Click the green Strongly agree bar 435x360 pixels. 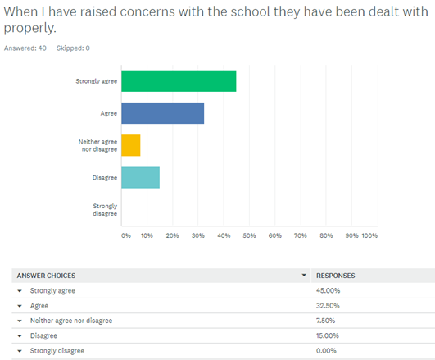point(179,81)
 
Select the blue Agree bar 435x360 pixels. point(162,113)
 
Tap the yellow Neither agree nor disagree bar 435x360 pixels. point(131,145)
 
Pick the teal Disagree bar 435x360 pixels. point(140,177)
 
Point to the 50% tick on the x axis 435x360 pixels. point(249,235)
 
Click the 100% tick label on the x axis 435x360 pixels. point(369,235)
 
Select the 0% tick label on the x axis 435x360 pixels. point(125,235)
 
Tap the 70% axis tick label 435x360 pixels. point(301,235)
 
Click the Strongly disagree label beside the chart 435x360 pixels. point(105,210)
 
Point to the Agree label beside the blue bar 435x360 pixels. point(109,113)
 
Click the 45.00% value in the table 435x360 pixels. point(328,290)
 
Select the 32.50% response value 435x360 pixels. point(328,306)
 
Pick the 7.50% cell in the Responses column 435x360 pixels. point(325,321)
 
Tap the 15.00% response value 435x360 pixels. point(328,335)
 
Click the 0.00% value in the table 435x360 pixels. point(326,350)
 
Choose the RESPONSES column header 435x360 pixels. point(335,276)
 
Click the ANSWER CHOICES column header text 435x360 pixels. point(46,276)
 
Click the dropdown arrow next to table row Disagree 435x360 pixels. point(20,336)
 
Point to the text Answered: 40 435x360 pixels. point(25,48)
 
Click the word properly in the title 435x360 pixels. point(29,28)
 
